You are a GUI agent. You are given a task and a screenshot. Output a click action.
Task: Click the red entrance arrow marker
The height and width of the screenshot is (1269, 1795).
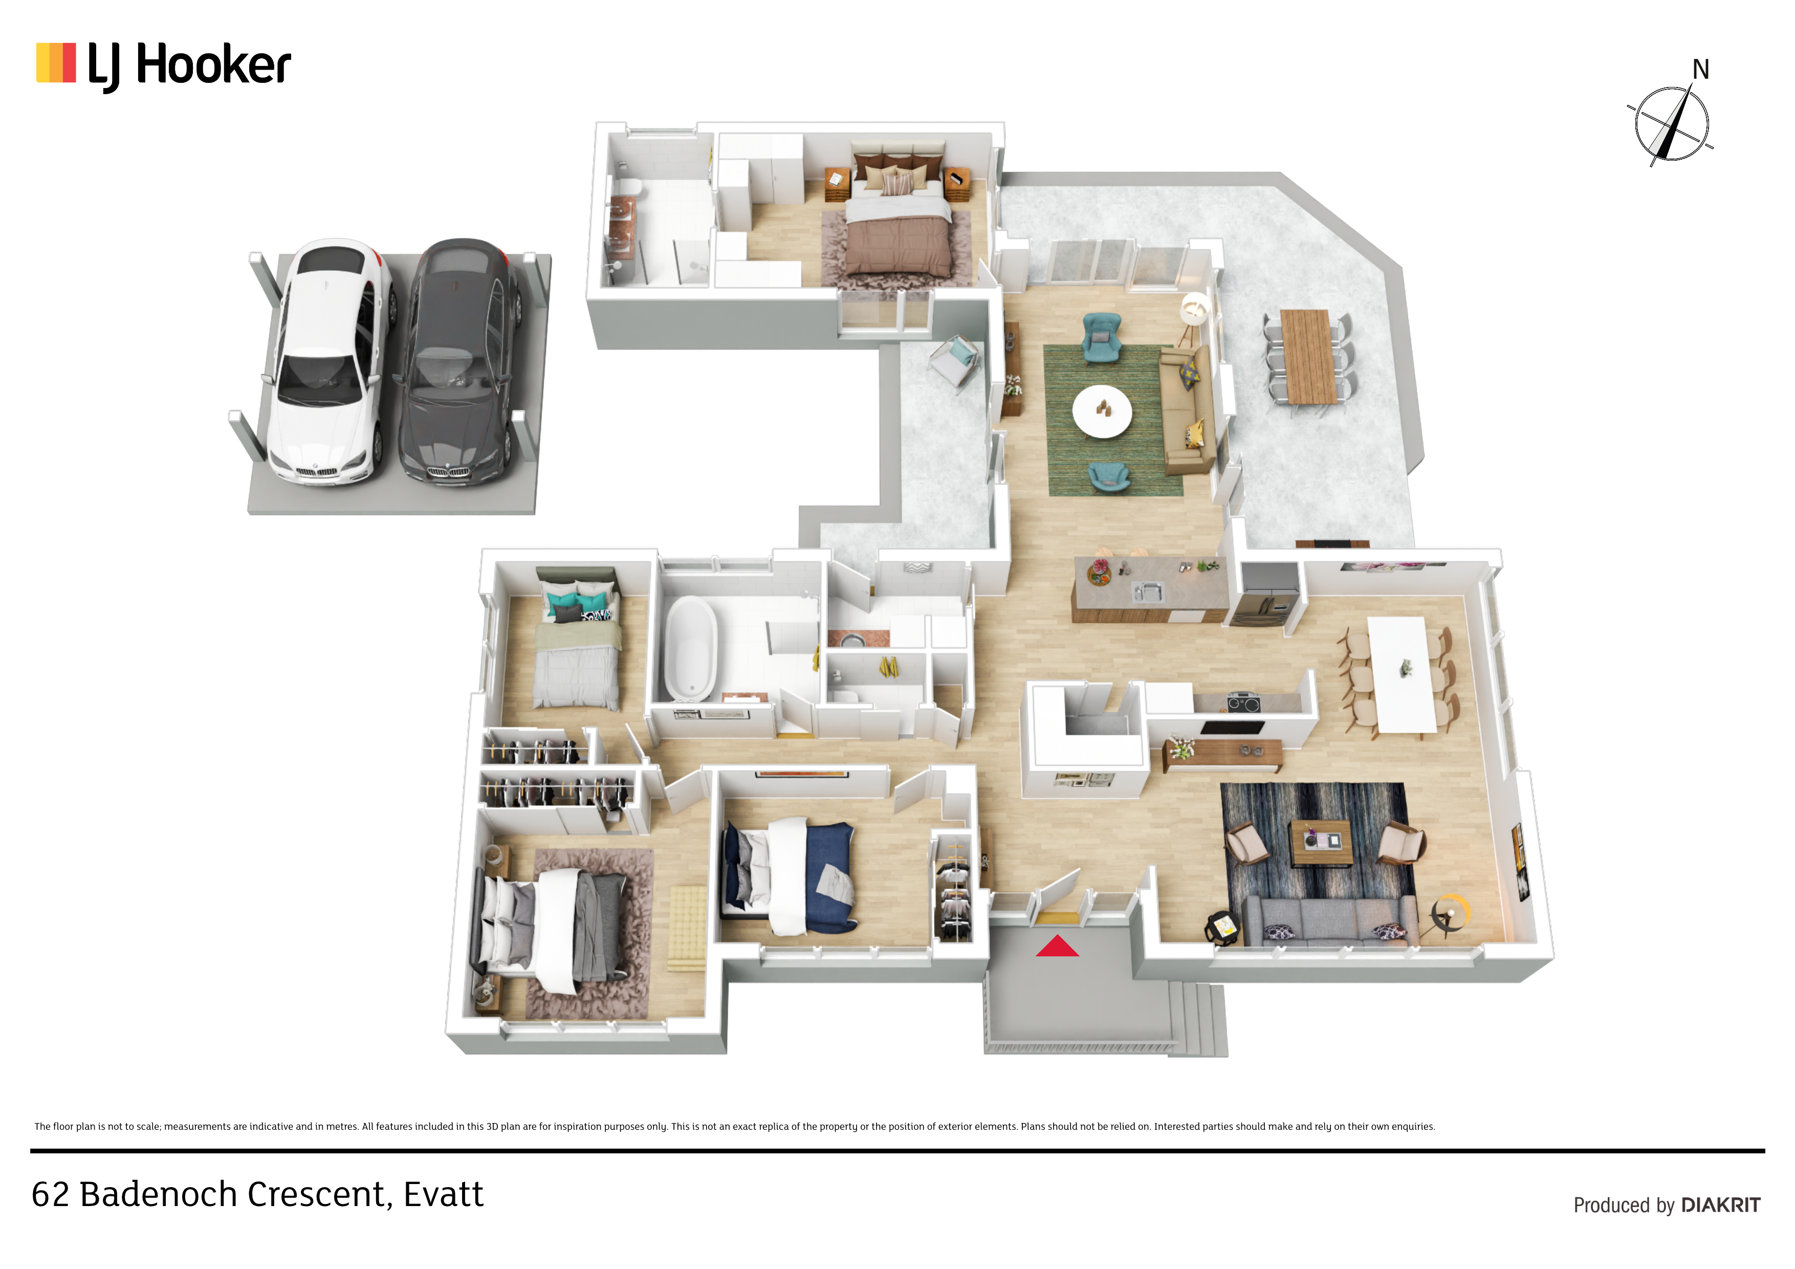tap(1057, 946)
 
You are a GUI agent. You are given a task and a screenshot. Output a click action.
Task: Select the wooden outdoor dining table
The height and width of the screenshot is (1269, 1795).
tap(1308, 357)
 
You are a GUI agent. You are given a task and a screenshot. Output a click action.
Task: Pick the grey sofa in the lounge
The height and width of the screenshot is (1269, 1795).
tap(1329, 921)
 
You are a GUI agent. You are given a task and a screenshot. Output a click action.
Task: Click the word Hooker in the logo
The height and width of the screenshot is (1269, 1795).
tap(213, 65)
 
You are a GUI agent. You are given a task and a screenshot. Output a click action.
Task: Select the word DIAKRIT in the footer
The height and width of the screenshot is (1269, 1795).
tap(1721, 1205)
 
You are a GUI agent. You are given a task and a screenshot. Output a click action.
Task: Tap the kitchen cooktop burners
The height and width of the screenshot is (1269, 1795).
tap(1243, 703)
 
